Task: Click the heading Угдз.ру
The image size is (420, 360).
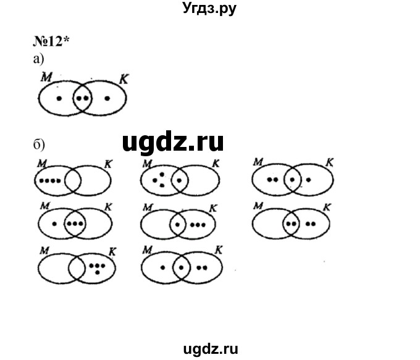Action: [x=209, y=9]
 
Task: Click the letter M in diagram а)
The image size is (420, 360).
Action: [x=44, y=77]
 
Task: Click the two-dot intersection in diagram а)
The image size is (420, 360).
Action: [x=83, y=98]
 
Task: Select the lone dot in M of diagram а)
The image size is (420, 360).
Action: [x=59, y=98]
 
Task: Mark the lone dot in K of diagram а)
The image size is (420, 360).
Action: [x=107, y=98]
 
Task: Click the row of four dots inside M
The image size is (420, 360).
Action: [x=49, y=181]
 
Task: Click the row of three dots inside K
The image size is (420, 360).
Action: [x=198, y=224]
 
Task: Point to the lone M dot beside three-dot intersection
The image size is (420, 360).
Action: [x=54, y=224]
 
